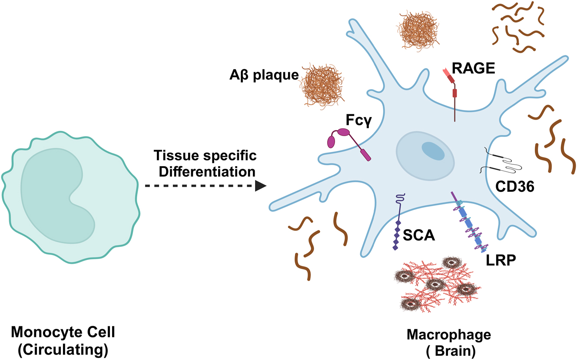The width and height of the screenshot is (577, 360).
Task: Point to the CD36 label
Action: [x=514, y=187]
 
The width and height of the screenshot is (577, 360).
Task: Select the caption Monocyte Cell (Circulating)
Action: [x=63, y=340]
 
